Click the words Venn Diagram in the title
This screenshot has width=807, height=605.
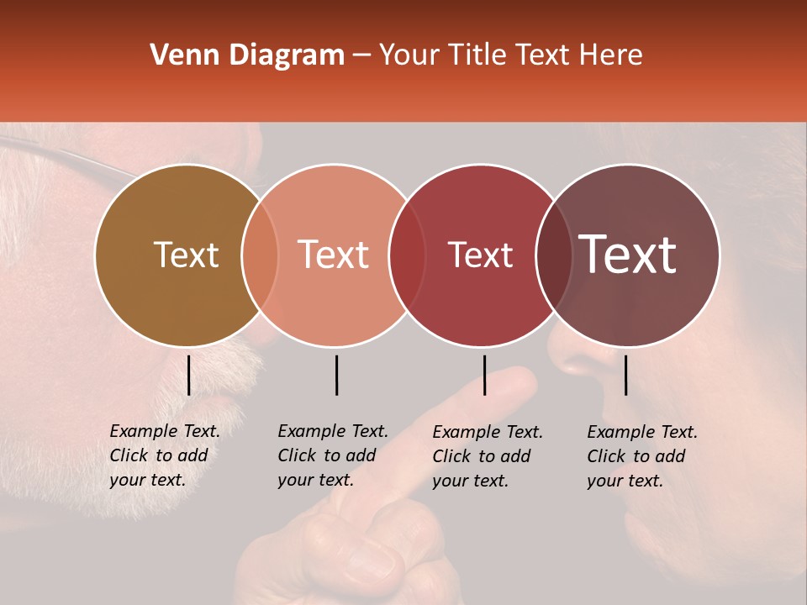[x=247, y=55]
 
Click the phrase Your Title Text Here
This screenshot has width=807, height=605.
[x=511, y=55]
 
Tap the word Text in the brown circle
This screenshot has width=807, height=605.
[x=186, y=255]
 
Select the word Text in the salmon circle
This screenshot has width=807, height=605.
[x=334, y=255]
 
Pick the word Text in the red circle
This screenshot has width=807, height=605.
[x=480, y=255]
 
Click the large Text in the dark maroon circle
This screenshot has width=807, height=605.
[x=628, y=255]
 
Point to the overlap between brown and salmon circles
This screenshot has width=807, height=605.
[x=260, y=255]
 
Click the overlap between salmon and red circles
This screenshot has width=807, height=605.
[x=407, y=255]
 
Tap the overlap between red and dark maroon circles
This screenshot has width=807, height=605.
[x=553, y=255]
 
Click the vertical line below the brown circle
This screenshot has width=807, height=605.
[x=188, y=375]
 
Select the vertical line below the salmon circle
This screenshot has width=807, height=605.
[x=336, y=375]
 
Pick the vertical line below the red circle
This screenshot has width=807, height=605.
[x=484, y=375]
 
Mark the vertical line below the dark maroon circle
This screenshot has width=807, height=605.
[x=626, y=375]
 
